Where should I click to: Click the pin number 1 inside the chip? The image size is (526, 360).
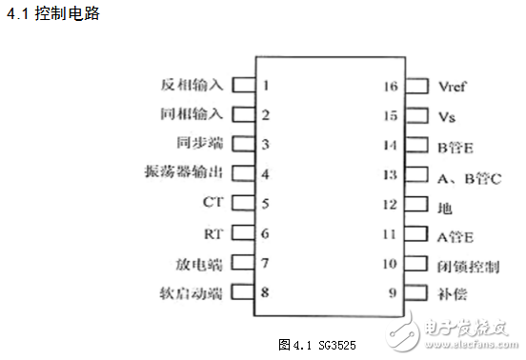(266, 85)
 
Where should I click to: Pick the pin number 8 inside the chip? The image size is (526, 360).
(266, 292)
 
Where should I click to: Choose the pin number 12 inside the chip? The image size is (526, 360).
(389, 205)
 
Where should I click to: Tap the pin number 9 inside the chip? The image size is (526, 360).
(392, 292)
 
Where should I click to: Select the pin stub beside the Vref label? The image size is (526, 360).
(415, 86)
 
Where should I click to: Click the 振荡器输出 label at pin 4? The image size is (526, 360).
(181, 173)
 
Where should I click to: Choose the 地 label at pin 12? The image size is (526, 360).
(443, 207)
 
